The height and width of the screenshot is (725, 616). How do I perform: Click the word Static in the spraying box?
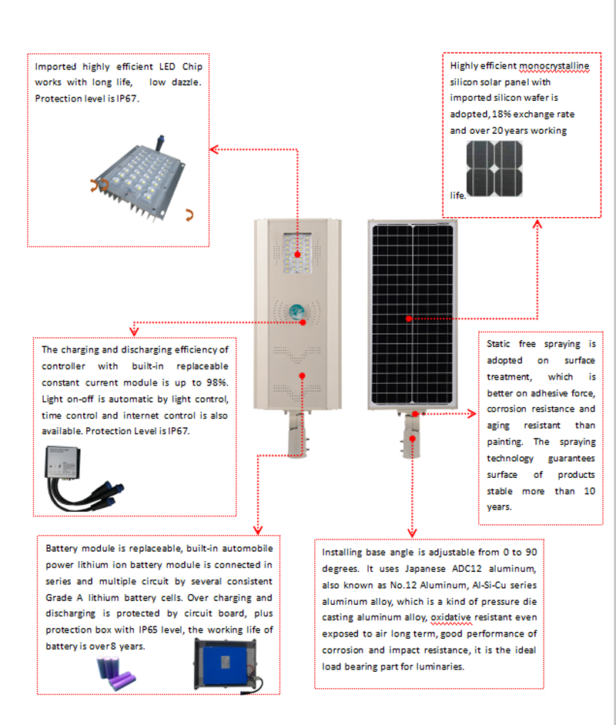click(x=502, y=344)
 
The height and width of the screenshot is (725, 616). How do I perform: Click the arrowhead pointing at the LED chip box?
click(x=215, y=149)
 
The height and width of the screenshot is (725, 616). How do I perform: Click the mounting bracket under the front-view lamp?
click(x=296, y=435)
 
